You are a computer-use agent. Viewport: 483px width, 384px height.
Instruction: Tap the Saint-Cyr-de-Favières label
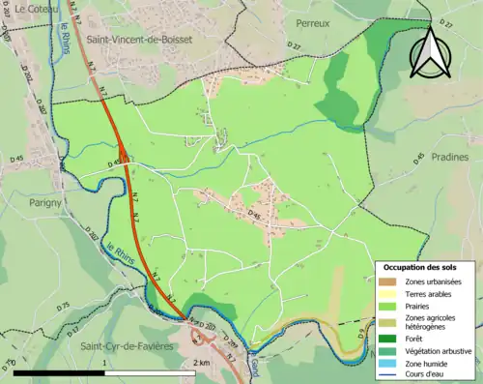(125, 346)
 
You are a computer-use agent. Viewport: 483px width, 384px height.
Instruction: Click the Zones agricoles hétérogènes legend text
(431, 322)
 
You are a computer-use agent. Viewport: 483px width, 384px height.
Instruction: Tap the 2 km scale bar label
(202, 362)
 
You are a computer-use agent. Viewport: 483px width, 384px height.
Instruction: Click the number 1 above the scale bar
(103, 362)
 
